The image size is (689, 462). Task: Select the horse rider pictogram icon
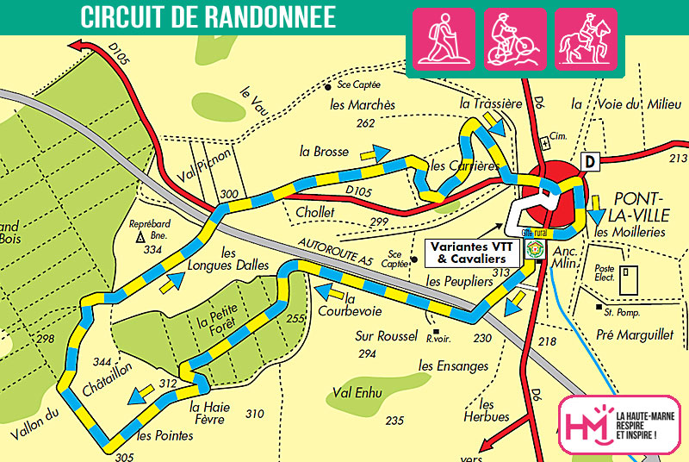click(x=586, y=39)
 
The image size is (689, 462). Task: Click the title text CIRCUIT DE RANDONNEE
click(x=208, y=16)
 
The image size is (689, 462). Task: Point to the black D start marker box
click(x=590, y=161)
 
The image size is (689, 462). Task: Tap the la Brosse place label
click(x=324, y=151)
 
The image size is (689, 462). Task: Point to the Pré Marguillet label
click(x=631, y=333)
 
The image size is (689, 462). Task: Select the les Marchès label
click(x=363, y=104)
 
